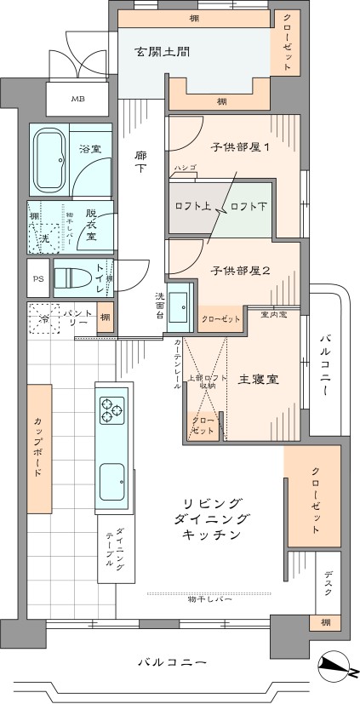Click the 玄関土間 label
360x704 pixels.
tap(162, 52)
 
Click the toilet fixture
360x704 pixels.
tap(71, 277)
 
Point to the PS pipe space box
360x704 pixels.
tap(37, 278)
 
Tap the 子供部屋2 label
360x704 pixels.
tap(241, 271)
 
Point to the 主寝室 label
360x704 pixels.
tap(260, 379)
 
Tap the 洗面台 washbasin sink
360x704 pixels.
tap(180, 306)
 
